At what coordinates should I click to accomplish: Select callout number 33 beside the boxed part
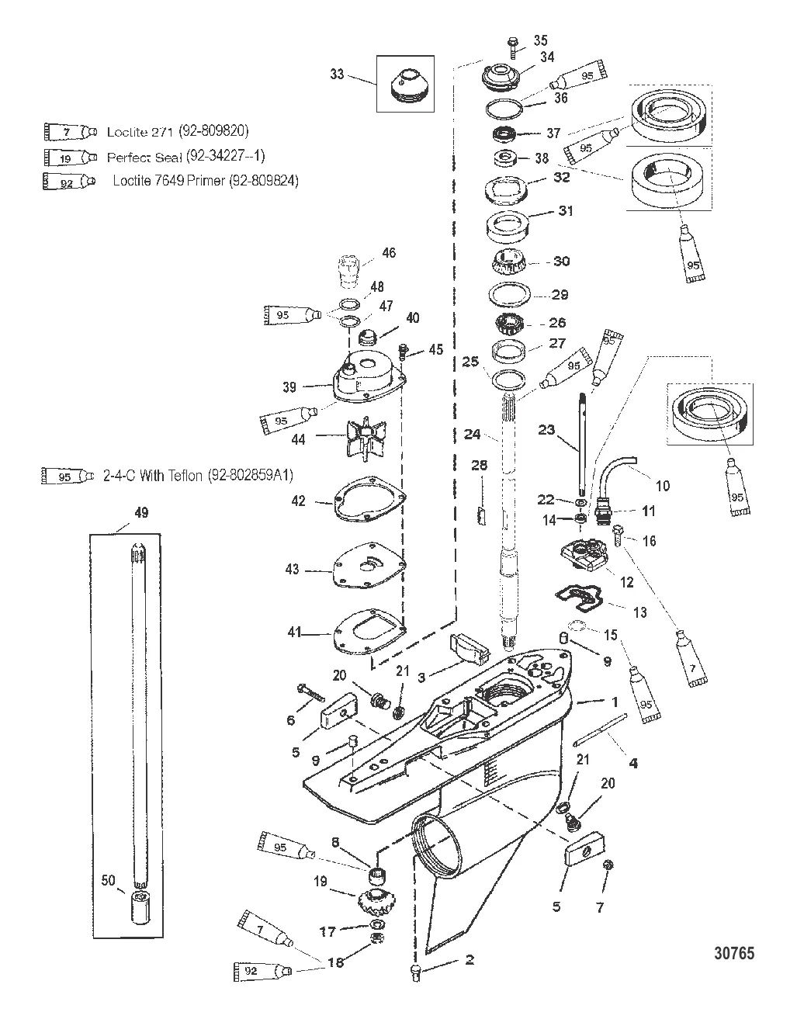[337, 75]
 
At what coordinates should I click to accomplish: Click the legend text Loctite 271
[178, 131]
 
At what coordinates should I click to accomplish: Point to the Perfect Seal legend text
[185, 157]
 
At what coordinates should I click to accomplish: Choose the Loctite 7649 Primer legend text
[206, 181]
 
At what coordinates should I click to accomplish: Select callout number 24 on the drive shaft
[472, 435]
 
